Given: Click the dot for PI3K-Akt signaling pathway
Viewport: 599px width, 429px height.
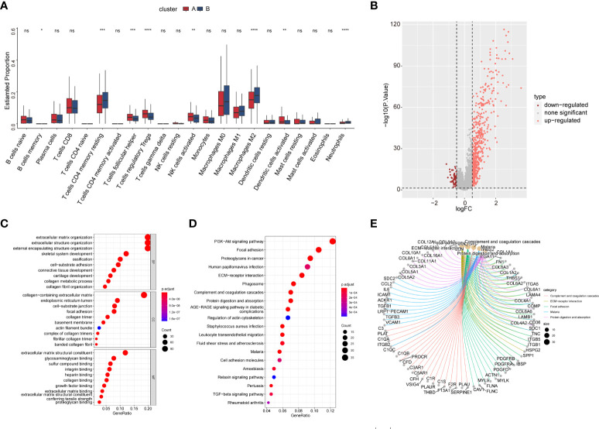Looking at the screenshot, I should pyautogui.click(x=333, y=240).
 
